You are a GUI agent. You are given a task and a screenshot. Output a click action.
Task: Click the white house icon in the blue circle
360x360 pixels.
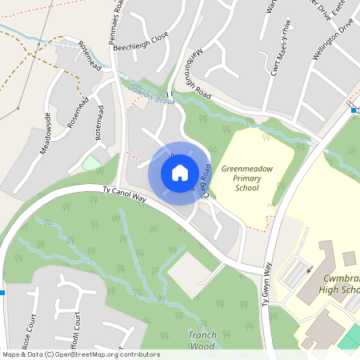coord(180,173)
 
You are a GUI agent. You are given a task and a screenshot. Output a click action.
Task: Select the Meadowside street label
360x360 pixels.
coord(46,133)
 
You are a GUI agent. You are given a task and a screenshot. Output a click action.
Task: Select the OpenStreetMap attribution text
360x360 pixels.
coord(80,354)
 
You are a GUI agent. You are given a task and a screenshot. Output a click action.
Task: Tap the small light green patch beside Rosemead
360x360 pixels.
coord(92,164)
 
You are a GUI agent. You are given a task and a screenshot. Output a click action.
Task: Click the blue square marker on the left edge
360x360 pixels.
coord(2,294)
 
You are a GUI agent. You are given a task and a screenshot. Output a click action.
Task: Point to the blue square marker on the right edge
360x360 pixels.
coord(353,110)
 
